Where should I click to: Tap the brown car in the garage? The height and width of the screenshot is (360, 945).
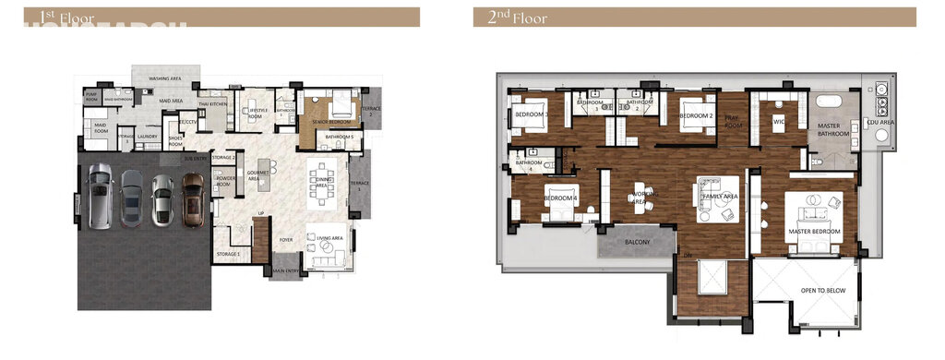pyautogui.click(x=193, y=198)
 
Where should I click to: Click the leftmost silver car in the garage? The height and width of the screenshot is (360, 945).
pyautogui.click(x=100, y=196)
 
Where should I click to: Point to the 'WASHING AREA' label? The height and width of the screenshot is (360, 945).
pyautogui.click(x=165, y=79)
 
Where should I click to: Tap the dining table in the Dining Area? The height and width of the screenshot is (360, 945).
pyautogui.click(x=323, y=179)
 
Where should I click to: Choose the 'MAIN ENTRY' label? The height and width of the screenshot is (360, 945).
pyautogui.click(x=286, y=271)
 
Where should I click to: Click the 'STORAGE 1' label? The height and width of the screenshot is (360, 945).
pyautogui.click(x=229, y=253)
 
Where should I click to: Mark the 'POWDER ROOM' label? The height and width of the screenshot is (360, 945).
pyautogui.click(x=224, y=182)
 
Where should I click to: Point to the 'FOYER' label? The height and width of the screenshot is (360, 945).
pyautogui.click(x=287, y=238)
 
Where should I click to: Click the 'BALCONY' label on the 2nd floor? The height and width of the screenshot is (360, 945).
pyautogui.click(x=636, y=243)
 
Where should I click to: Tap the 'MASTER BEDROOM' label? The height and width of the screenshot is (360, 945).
pyautogui.click(x=814, y=232)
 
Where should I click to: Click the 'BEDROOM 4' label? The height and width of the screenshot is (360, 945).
pyautogui.click(x=560, y=198)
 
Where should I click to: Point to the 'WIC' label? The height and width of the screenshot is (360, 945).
pyautogui.click(x=778, y=120)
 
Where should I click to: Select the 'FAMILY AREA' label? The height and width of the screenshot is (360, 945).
pyautogui.click(x=721, y=197)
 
